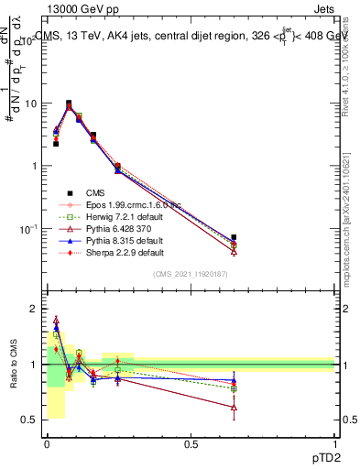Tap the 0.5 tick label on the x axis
tap(191, 443)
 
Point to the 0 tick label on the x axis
tap(46, 443)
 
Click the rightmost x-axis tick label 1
tap(335, 443)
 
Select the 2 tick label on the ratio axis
tap(36, 310)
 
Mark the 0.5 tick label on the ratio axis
tap(31, 420)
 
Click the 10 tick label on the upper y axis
tap(32, 104)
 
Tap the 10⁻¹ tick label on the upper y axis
tap(30, 228)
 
